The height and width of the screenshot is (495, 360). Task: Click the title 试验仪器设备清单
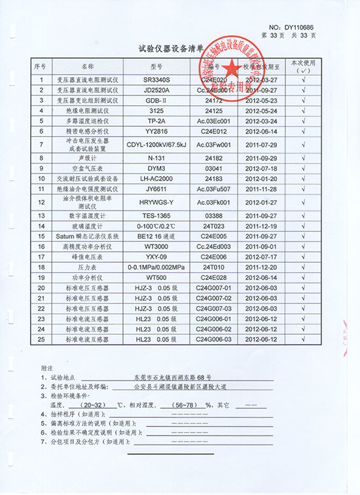point(172,48)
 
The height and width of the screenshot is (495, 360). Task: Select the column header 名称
point(88,67)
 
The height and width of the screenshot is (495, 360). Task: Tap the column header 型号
point(156,67)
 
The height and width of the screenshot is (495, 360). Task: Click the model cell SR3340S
point(156,80)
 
